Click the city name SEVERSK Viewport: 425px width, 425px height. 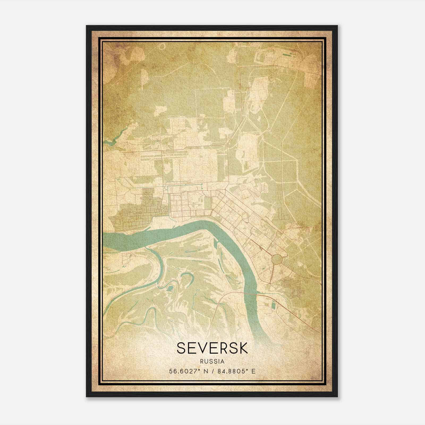point(212,348)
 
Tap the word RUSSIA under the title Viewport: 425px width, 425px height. point(212,362)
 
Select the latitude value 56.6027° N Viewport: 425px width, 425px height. point(189,371)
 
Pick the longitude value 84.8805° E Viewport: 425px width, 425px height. point(236,371)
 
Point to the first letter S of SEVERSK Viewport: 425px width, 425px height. point(181,348)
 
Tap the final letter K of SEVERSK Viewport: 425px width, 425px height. point(243,348)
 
